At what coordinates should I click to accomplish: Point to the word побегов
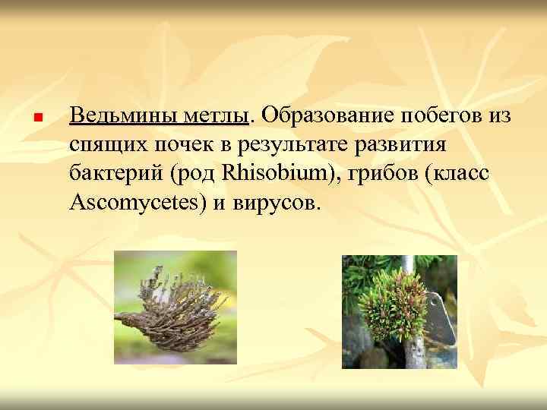pyautogui.click(x=442, y=117)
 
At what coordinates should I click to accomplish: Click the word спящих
pyautogui.click(x=105, y=146)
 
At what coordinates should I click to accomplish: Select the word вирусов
pyautogui.click(x=280, y=203)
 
